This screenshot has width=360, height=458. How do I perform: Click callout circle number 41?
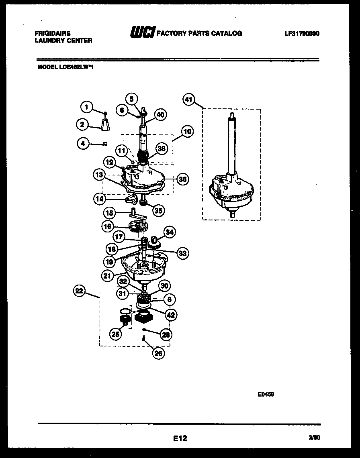(189, 100)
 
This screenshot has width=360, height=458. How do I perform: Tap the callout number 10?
(187, 131)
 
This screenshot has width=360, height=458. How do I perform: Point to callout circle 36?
(182, 179)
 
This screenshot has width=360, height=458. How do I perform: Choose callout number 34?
(170, 232)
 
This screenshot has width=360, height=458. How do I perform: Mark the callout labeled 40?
(160, 115)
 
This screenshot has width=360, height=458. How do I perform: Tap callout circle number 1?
(86, 107)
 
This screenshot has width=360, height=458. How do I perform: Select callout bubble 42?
(171, 315)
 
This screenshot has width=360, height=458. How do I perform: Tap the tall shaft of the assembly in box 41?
(232, 145)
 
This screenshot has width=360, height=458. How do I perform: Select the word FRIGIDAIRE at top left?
(53, 34)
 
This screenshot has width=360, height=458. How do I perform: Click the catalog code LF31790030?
(302, 34)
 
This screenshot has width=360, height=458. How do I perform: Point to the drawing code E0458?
(266, 394)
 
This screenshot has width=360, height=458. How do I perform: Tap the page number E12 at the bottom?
(180, 439)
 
